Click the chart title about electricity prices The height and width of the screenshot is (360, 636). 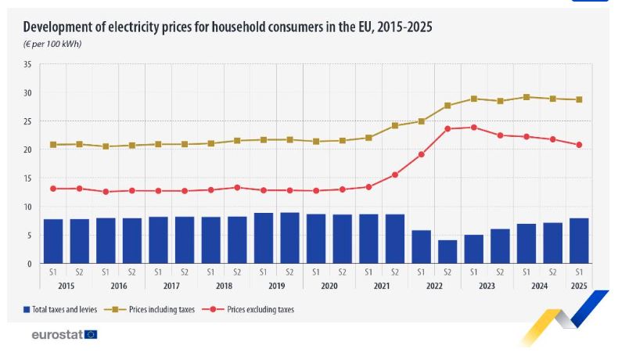coord(228,27)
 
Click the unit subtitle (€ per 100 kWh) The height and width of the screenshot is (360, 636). coord(52,44)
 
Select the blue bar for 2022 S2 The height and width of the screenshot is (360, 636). coord(447,251)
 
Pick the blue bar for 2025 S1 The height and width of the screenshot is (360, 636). coord(579,240)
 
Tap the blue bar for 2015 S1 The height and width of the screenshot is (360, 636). coord(53,241)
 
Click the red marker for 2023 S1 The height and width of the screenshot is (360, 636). coord(473,128)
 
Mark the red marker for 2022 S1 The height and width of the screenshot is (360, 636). coord(421,154)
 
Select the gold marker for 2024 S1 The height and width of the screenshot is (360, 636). coord(526,97)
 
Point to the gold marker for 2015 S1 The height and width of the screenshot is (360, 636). coord(53,145)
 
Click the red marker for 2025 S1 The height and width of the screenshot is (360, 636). coord(579,145)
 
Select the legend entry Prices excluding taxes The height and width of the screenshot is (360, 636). coord(254,310)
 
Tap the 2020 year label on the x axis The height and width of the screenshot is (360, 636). coord(329,286)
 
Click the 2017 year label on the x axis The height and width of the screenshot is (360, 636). coord(171,286)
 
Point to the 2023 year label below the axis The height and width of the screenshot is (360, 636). coord(487,286)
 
